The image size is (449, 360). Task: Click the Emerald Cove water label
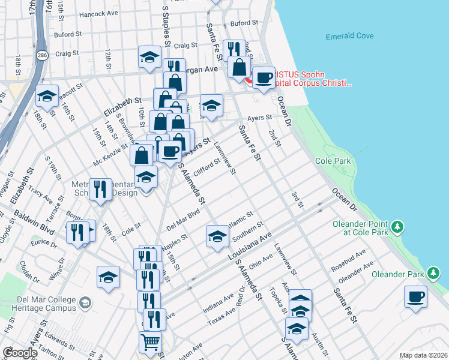(349, 37)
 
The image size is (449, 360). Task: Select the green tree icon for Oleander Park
(433, 274)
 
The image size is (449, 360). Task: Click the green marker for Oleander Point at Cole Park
(397, 227)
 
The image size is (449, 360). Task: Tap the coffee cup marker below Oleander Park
(415, 296)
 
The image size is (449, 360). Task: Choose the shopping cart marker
(151, 342)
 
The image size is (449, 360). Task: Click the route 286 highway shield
(41, 55)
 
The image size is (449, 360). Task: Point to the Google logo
(20, 353)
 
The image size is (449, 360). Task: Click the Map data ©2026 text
(423, 355)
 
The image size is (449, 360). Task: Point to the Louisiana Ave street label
(250, 246)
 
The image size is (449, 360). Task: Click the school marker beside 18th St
(47, 95)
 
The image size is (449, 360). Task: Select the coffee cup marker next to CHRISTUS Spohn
(263, 78)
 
